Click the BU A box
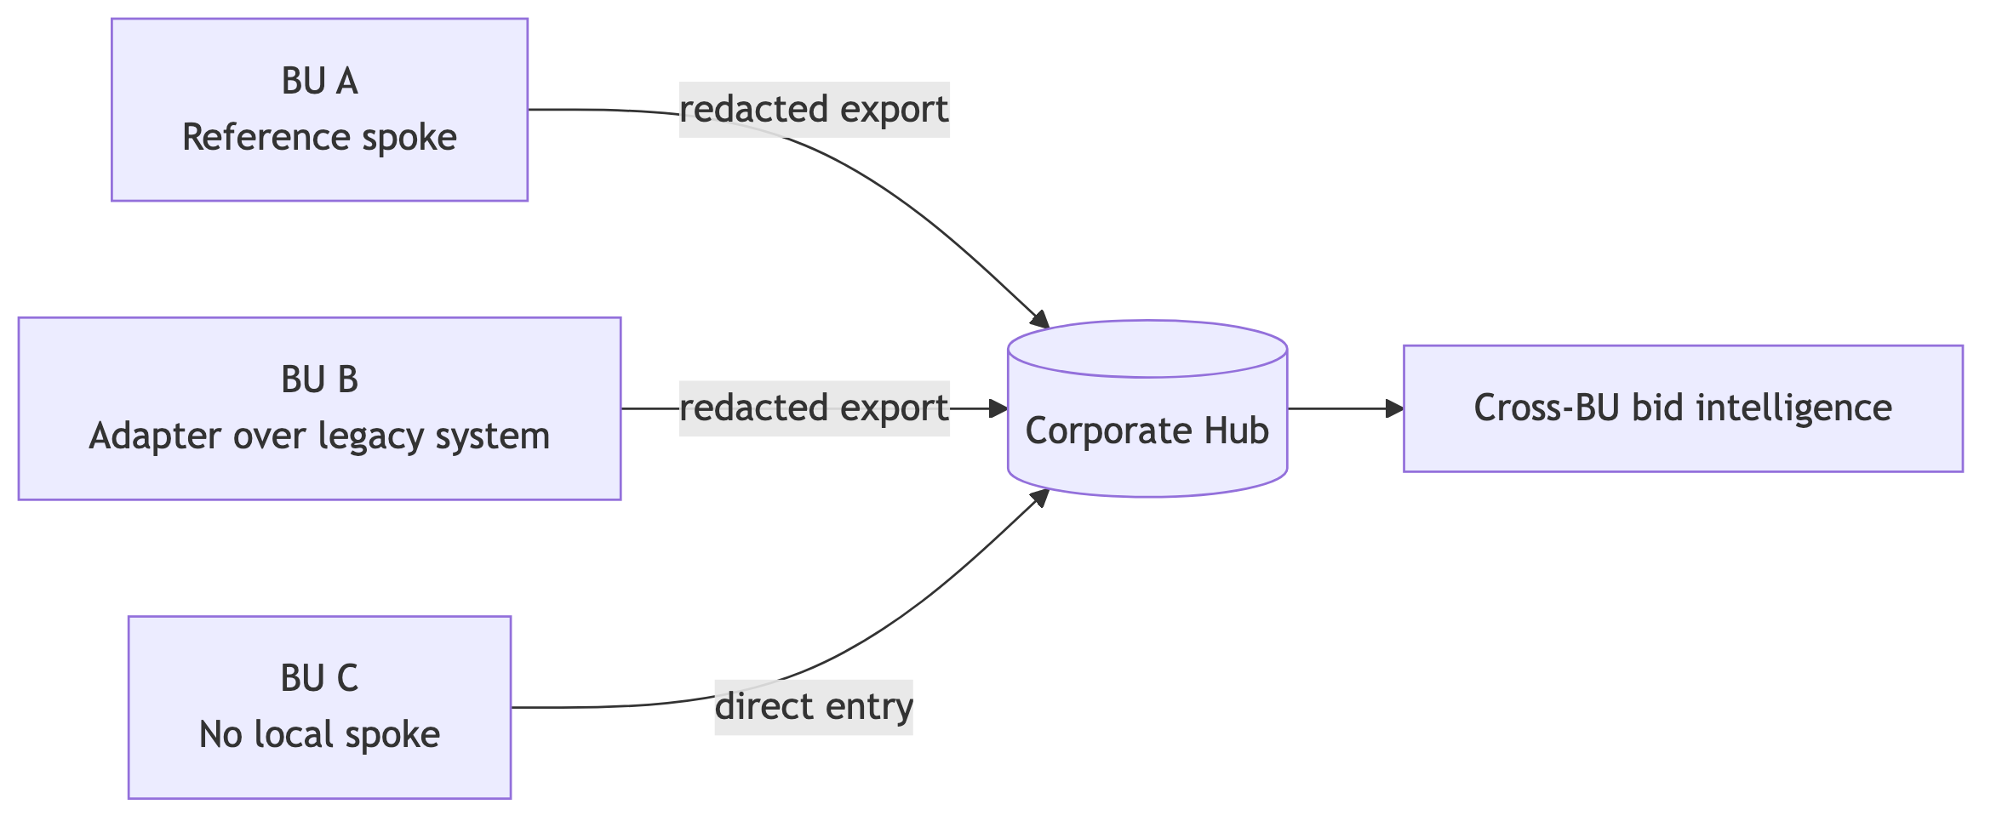[x=319, y=110]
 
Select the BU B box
[x=319, y=408]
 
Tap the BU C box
[x=319, y=707]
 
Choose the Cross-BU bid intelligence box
[x=1682, y=408]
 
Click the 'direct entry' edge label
[x=813, y=707]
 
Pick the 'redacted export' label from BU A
[x=813, y=110]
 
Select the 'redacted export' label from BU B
[x=813, y=408]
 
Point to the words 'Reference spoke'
[x=319, y=138]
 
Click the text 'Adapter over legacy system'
[x=319, y=436]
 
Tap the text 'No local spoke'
[x=319, y=735]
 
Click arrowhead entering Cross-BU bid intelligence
[x=1394, y=408]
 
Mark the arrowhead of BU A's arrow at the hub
[x=1040, y=320]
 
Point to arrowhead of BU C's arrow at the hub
[x=1040, y=497]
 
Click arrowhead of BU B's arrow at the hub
[x=998, y=408]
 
